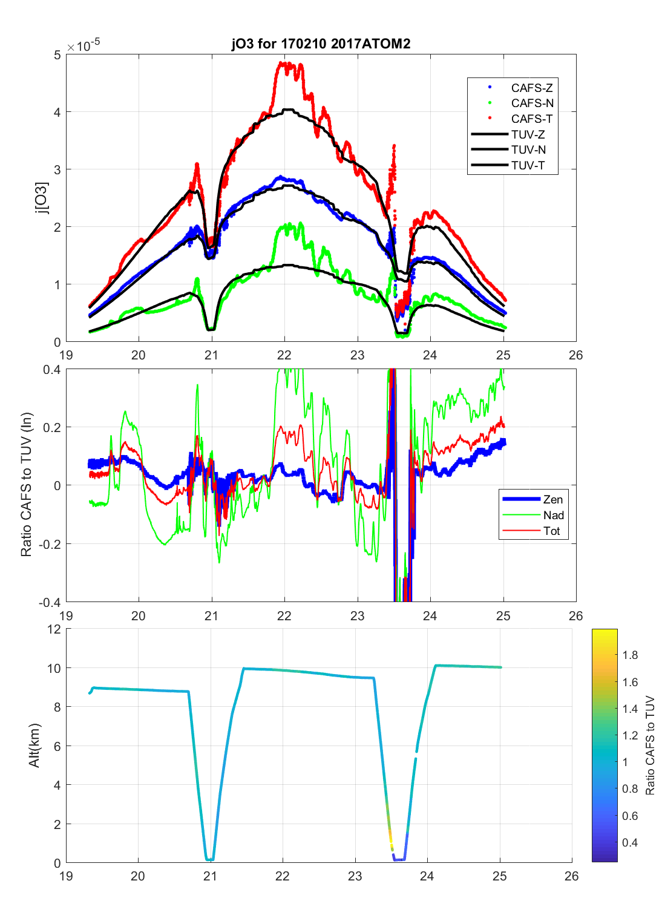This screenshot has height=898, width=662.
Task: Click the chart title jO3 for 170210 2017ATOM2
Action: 321,44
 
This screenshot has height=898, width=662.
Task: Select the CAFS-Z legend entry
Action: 531,88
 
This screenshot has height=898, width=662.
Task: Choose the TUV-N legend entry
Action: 528,149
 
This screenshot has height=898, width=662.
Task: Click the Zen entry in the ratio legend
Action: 552,499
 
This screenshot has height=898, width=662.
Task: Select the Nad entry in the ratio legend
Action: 553,515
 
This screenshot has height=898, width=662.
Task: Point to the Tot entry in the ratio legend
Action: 551,531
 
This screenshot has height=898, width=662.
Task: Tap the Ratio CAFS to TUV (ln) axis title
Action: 26,485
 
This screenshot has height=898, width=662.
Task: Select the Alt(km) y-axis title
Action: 34,746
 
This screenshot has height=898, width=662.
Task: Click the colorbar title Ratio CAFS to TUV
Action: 650,746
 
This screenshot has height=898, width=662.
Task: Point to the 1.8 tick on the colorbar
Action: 630,655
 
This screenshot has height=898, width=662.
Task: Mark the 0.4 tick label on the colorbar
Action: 630,842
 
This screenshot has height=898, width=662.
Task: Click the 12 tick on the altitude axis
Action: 54,629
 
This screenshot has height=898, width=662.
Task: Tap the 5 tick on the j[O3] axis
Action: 57,55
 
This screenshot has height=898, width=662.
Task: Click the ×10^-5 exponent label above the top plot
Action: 84,46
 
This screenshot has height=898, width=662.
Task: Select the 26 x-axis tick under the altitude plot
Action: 571,876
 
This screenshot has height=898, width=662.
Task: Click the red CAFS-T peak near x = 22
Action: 284,63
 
